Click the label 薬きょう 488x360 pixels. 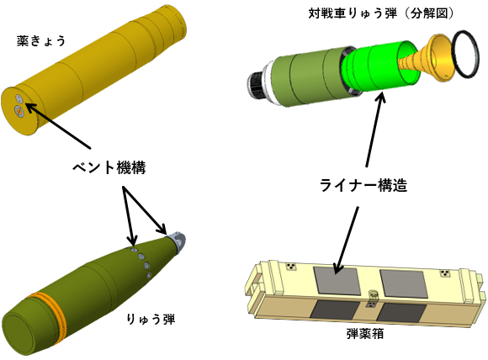[x=40, y=40]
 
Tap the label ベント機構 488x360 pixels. [x=109, y=168]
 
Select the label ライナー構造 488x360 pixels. [x=363, y=185]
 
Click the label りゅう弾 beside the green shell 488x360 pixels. [x=151, y=320]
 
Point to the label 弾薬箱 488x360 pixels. [x=365, y=334]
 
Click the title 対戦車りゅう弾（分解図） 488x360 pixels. [x=381, y=13]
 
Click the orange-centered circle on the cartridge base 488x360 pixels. [x=19, y=111]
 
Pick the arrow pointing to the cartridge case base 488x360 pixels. [x=58, y=125]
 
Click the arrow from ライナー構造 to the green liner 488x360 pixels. [x=374, y=129]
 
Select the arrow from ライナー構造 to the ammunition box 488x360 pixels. [x=346, y=241]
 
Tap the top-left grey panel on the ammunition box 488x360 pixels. [x=337, y=281]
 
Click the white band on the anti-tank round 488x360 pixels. [x=270, y=82]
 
